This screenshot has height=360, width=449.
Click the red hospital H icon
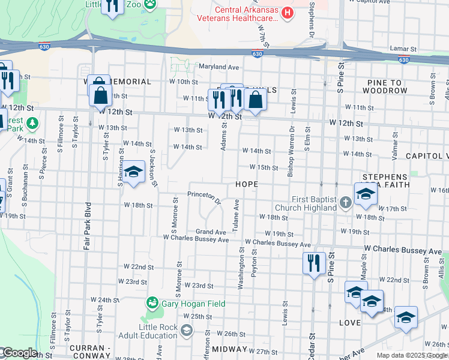click(x=288, y=11)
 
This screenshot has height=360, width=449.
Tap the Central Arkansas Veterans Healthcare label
click(x=247, y=13)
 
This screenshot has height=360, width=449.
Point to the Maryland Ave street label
click(x=219, y=67)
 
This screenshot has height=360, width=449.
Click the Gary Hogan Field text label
click(x=193, y=304)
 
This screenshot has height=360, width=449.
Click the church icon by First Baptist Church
click(x=346, y=203)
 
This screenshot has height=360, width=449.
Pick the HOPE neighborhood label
click(x=247, y=184)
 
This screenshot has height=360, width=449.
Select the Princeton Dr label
click(x=204, y=197)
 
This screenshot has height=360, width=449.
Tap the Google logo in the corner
click(x=19, y=353)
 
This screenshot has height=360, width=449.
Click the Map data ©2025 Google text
click(x=411, y=355)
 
